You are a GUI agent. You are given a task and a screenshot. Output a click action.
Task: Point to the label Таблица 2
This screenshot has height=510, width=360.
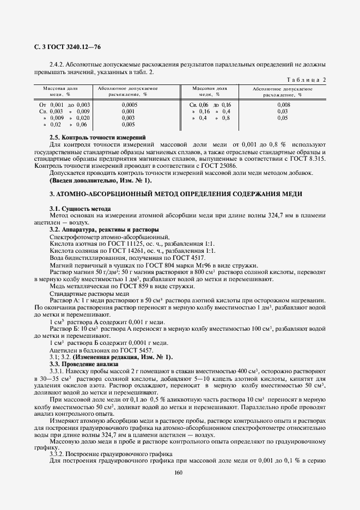click(306, 80)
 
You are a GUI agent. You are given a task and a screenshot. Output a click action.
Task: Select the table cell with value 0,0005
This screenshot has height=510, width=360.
click(129, 104)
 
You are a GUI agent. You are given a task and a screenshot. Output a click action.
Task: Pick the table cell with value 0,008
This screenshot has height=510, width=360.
click(283, 104)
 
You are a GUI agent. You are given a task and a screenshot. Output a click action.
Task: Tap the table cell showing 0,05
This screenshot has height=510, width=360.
click(283, 118)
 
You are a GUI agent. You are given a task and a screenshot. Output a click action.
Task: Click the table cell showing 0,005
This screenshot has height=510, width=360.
click(129, 124)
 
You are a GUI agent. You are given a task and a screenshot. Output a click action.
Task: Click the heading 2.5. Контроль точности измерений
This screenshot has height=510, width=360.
click(97, 137)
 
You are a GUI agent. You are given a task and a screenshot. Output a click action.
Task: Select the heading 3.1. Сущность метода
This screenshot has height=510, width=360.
click(80, 209)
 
